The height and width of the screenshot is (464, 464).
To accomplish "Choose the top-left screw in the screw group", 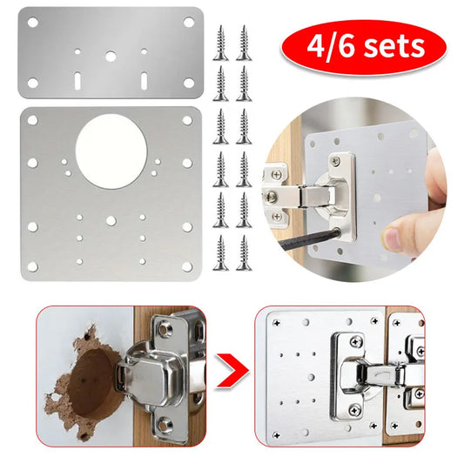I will click(x=219, y=37).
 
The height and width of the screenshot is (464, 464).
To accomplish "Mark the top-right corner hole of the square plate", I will click(x=190, y=118).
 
